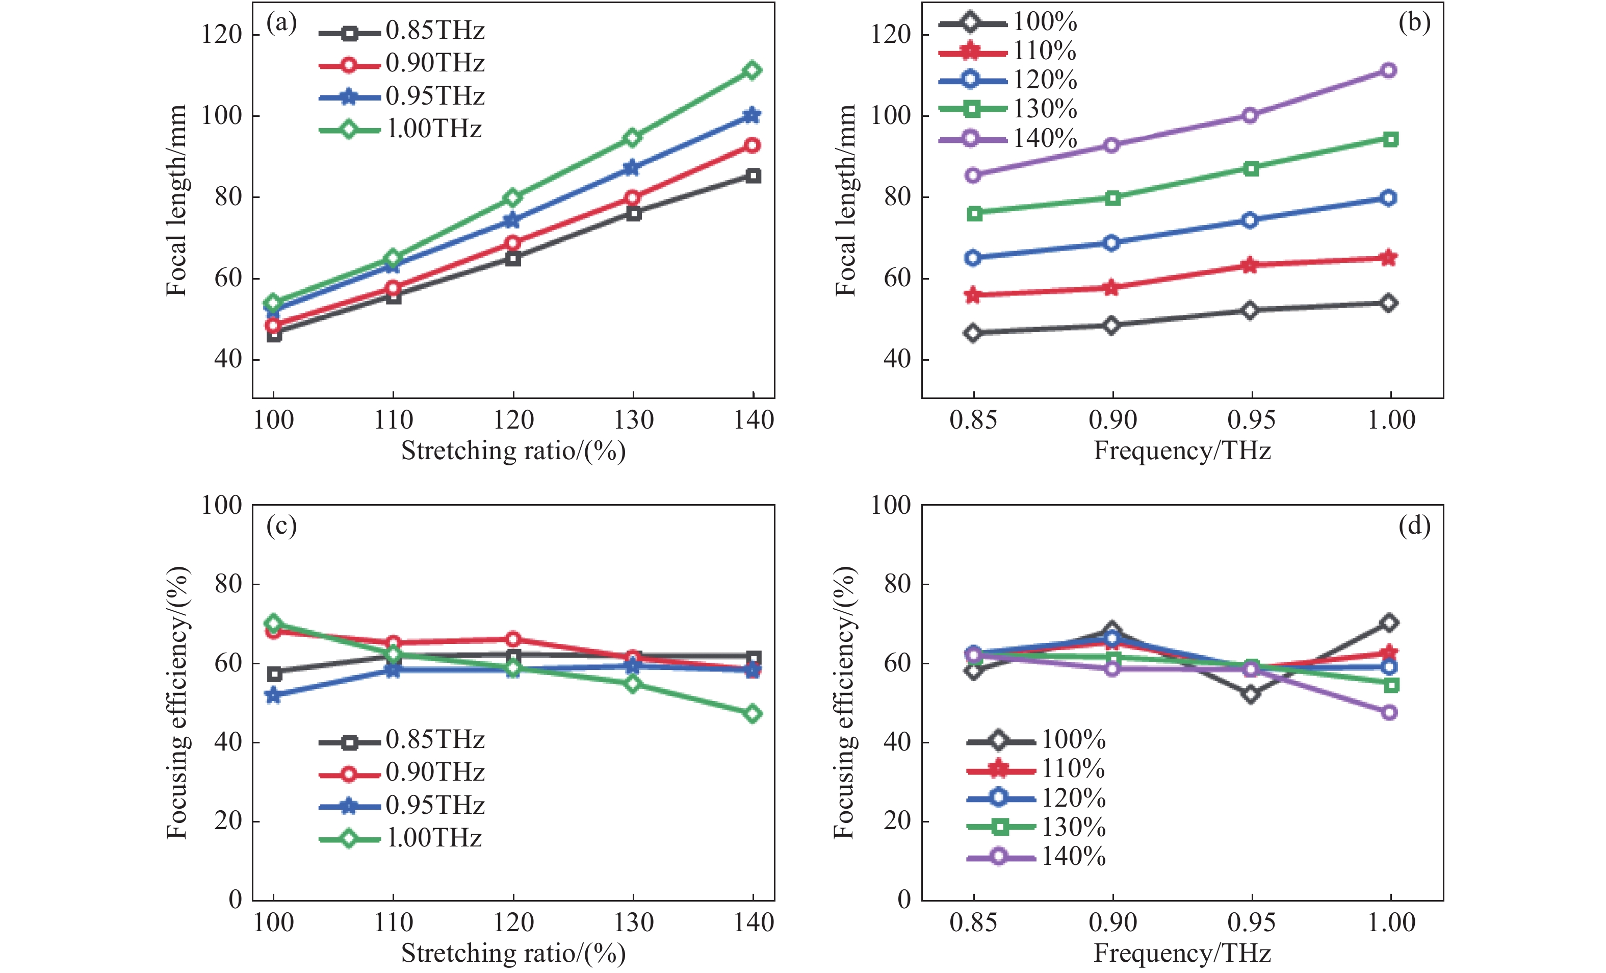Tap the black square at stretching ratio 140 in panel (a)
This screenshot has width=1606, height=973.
754,176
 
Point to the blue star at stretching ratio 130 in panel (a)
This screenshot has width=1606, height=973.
632,168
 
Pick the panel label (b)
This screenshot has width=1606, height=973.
1414,23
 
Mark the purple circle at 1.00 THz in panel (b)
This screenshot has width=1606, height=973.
1388,70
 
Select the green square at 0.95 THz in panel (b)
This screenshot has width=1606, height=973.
1251,169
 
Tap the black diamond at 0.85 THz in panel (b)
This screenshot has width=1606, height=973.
973,333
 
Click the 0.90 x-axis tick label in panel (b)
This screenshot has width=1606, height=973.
1112,420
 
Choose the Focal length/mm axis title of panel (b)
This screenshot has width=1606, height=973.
845,199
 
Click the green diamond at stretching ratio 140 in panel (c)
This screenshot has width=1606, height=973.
753,714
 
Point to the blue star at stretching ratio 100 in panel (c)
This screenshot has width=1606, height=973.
273,696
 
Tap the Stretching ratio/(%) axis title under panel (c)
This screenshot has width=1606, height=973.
513,954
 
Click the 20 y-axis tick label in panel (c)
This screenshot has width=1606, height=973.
228,821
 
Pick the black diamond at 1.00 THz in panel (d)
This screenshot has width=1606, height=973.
1389,623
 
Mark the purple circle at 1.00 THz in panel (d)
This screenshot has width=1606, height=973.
1389,712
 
